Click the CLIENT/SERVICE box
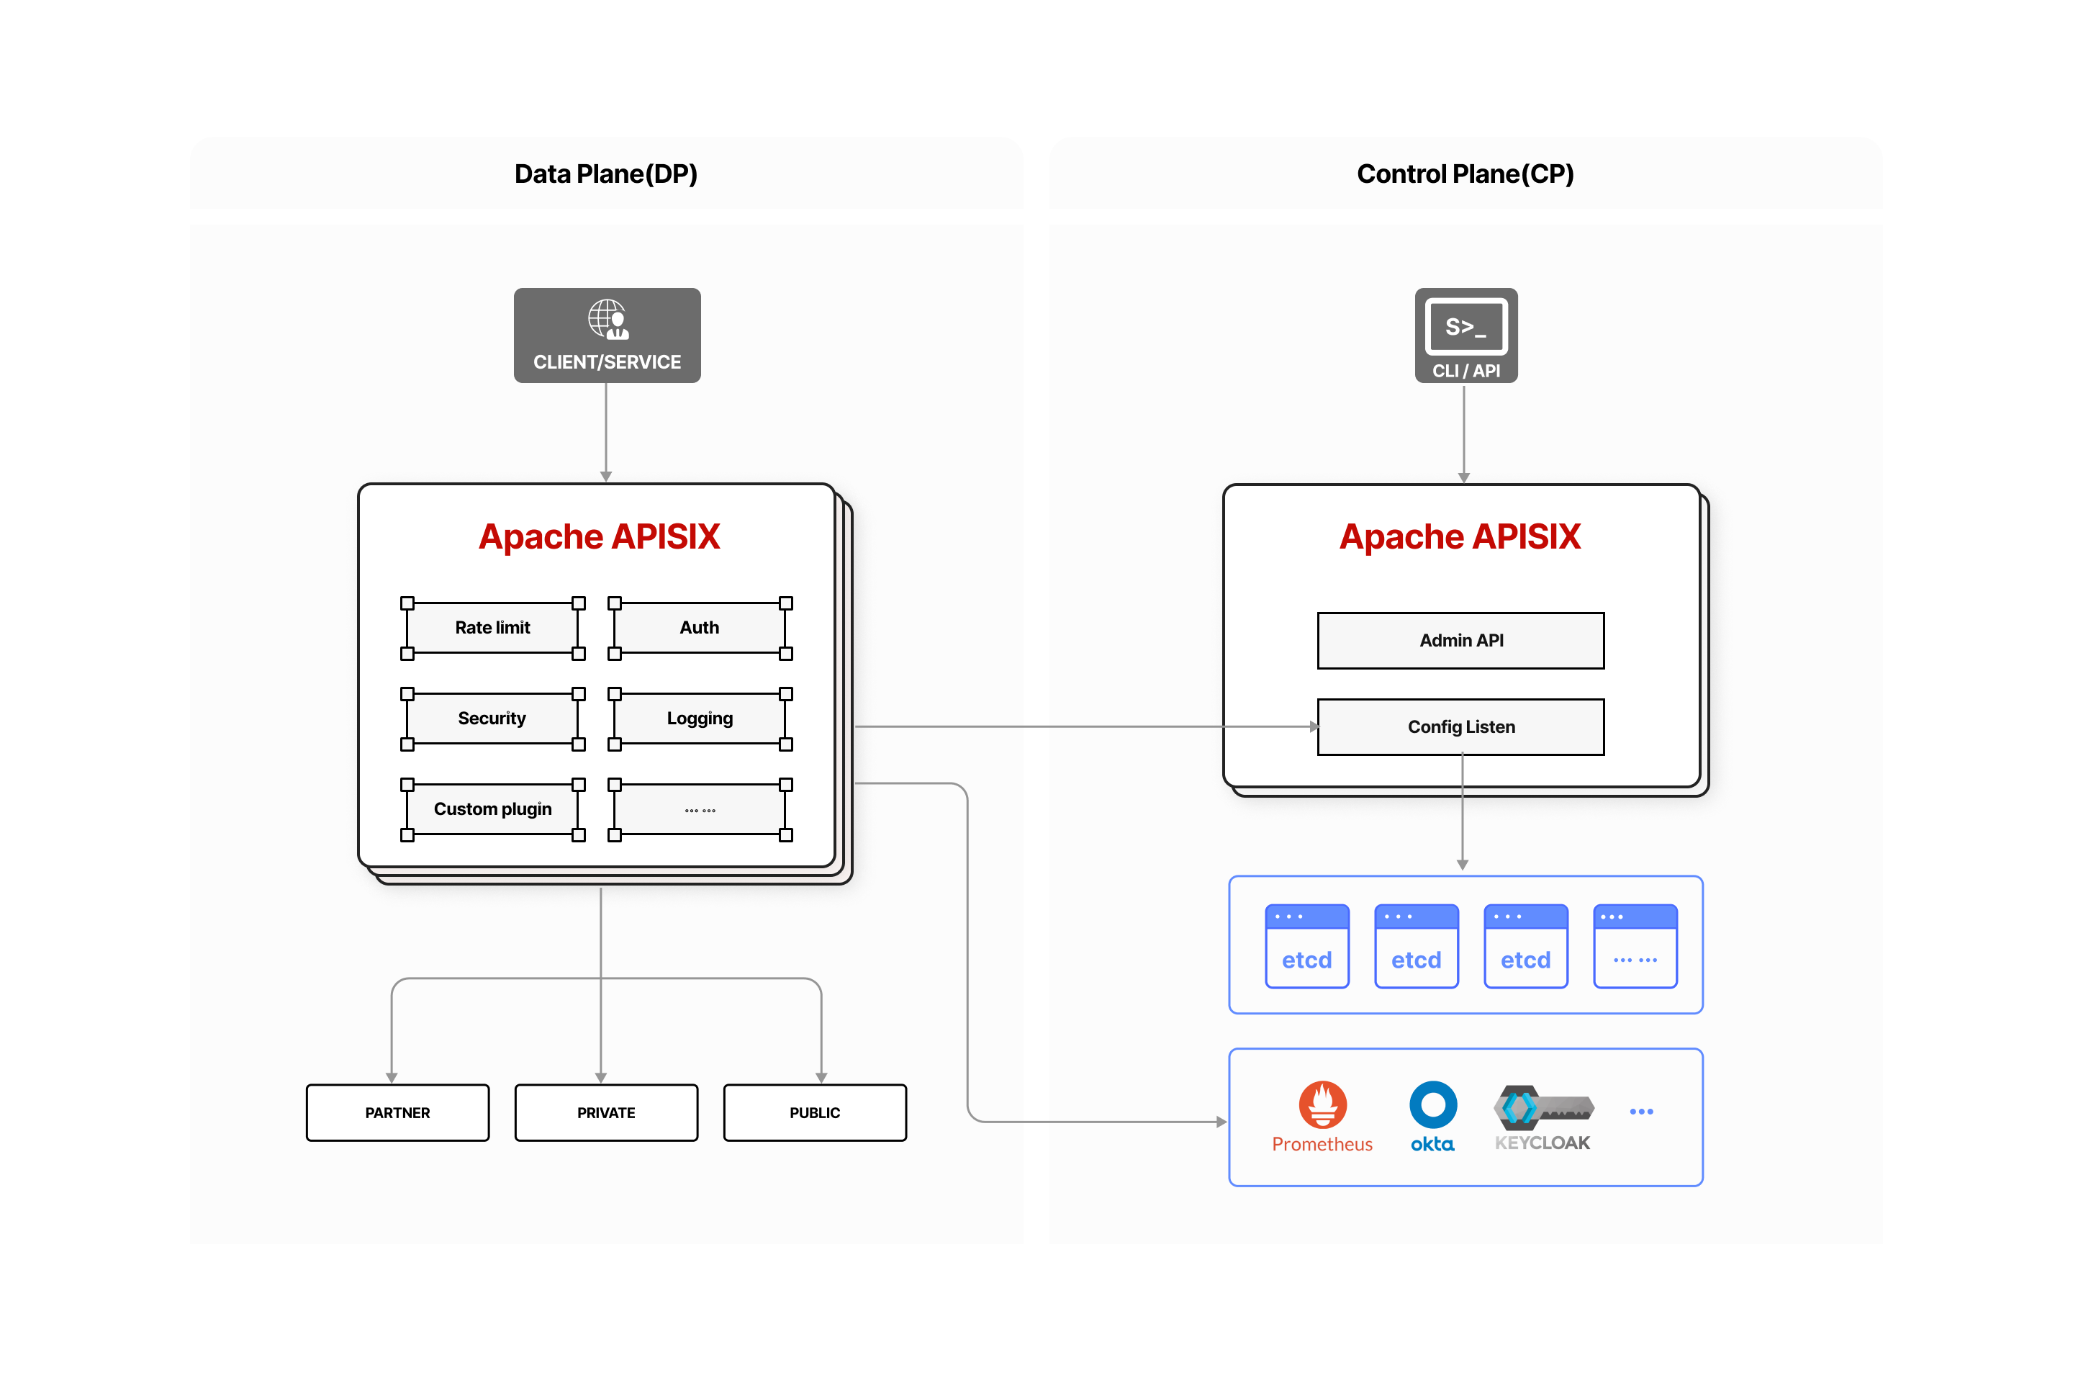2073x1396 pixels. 606,336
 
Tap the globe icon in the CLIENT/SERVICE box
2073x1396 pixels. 607,319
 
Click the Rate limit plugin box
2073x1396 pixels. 492,628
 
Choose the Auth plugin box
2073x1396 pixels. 700,628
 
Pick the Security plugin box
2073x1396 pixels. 492,719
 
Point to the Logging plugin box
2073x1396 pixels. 700,719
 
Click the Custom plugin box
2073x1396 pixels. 492,809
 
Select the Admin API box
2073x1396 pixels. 1460,640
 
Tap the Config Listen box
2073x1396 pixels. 1460,726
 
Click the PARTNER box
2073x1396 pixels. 397,1113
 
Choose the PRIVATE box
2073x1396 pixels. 606,1113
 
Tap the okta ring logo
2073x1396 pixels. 1432,1105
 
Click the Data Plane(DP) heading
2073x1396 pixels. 606,174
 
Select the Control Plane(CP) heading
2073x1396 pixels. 1465,174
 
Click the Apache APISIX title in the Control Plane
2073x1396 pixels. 1460,537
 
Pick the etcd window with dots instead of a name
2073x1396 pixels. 1635,947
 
